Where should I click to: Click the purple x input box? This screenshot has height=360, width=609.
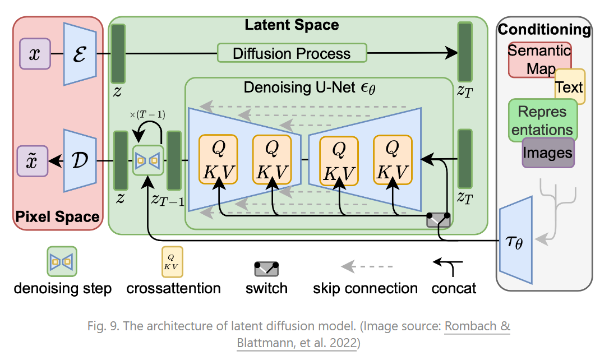click(35, 54)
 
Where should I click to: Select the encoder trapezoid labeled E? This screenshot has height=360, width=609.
click(80, 54)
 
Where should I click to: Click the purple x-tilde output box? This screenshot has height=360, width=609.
click(34, 161)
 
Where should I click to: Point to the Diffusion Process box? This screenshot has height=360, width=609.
click(292, 53)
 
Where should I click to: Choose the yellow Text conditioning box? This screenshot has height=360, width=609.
click(570, 86)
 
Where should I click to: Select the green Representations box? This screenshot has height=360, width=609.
click(542, 120)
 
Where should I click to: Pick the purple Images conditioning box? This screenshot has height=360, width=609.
click(548, 153)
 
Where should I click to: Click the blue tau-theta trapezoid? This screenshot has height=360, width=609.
click(515, 244)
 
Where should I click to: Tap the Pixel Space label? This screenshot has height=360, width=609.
click(57, 217)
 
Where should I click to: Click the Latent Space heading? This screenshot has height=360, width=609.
click(292, 25)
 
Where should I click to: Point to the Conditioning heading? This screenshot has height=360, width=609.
click(544, 29)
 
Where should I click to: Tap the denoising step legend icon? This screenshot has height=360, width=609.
click(62, 262)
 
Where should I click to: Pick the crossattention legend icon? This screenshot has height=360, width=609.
click(173, 261)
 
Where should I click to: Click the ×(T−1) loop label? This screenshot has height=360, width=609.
click(147, 115)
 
